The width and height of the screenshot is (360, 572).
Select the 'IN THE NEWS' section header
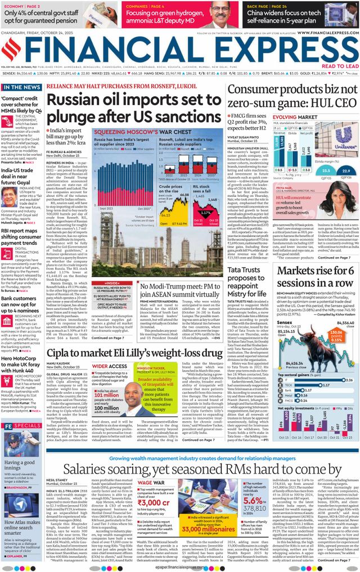(x=21, y=88)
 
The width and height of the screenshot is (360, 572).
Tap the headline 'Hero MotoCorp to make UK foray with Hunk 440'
(x=21, y=364)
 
